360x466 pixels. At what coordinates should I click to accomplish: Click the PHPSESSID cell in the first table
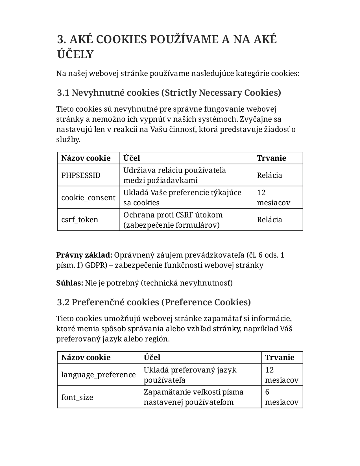coord(81,175)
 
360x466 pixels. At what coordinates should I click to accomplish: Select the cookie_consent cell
coord(88,198)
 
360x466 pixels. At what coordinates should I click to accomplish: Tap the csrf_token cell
coord(80,220)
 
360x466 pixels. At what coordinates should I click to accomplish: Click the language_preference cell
coord(98,375)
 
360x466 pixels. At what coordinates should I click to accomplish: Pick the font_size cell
coord(77,397)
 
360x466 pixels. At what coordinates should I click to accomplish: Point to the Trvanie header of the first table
coord(271,158)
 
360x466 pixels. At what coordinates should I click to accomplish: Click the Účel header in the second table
coord(152,358)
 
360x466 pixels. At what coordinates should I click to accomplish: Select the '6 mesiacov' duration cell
coord(282,397)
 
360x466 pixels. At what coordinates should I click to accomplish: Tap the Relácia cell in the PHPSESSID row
coord(269,175)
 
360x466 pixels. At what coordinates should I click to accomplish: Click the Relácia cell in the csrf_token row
coord(269,220)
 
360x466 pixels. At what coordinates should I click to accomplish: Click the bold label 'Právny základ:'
coord(84,255)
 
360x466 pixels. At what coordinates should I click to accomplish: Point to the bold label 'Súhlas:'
coord(70,283)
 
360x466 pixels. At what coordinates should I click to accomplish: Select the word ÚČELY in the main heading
coord(75,54)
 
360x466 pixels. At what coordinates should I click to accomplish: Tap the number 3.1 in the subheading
coord(63,93)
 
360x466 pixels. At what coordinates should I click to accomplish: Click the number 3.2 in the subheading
coord(63,302)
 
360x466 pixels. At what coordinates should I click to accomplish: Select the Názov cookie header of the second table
coord(86,358)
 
